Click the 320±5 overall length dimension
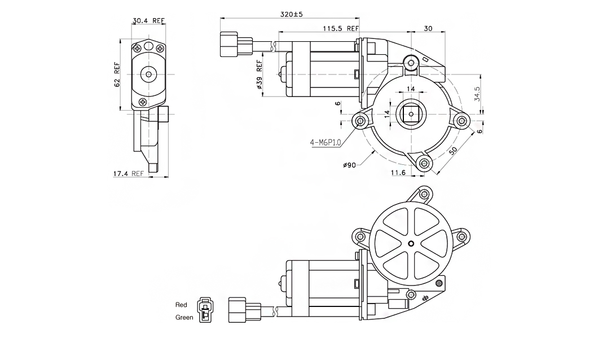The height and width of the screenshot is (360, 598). (x=292, y=14)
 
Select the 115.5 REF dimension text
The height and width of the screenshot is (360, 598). (x=341, y=28)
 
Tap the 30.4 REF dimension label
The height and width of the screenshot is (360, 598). (x=148, y=21)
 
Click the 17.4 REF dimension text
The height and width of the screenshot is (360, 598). (x=128, y=174)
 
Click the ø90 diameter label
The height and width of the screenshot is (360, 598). (x=349, y=165)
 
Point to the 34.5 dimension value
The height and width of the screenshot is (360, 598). (x=477, y=93)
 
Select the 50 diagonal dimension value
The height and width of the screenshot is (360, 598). (x=452, y=152)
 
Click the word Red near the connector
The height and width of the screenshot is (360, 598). (x=181, y=305)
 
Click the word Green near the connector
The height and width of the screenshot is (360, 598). (x=184, y=317)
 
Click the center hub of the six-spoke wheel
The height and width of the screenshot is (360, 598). (x=411, y=244)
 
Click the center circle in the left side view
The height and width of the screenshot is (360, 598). (x=149, y=73)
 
